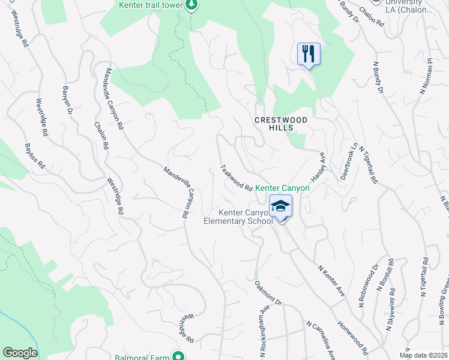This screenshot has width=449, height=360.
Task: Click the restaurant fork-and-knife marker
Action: click(x=309, y=54)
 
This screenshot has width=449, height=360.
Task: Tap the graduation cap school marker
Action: click(x=280, y=206)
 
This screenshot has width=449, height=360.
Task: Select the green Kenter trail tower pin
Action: click(x=191, y=5)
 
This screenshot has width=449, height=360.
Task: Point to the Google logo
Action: click(x=20, y=353)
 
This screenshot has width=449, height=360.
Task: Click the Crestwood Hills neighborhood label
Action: click(x=281, y=124)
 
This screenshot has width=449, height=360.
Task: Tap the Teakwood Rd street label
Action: click(x=236, y=179)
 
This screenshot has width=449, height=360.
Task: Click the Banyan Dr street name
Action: click(x=67, y=100)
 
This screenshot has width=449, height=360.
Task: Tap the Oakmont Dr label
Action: click(x=268, y=293)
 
